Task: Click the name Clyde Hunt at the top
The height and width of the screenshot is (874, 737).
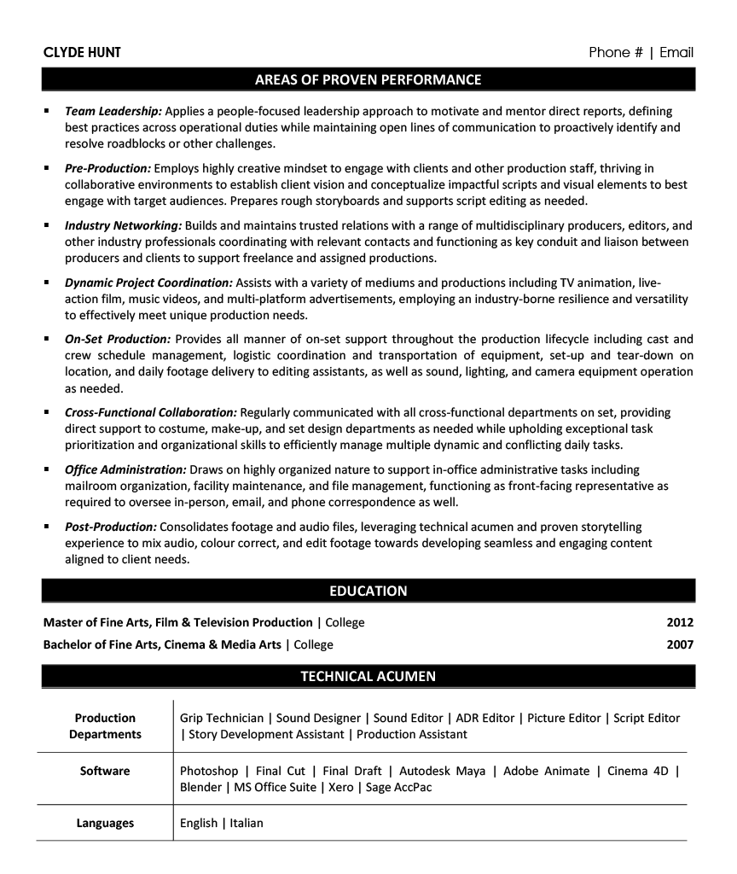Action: click(82, 53)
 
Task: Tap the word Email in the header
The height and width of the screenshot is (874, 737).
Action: click(676, 53)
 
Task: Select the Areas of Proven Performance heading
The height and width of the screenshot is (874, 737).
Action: click(368, 80)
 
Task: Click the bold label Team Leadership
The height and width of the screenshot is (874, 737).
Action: click(113, 111)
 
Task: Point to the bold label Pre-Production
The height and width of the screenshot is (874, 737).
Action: click(107, 169)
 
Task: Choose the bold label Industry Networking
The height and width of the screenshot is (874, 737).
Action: click(123, 226)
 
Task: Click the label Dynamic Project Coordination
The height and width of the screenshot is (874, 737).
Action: click(148, 283)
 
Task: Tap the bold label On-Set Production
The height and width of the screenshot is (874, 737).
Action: click(118, 339)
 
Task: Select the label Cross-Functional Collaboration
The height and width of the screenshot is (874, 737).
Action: click(151, 412)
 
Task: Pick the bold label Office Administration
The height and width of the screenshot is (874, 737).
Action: click(125, 469)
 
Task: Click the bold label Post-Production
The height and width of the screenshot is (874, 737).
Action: click(111, 527)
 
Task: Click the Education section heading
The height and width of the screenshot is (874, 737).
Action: click(368, 591)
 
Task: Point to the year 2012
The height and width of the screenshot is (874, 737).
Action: click(680, 622)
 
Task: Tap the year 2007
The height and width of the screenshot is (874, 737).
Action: click(680, 644)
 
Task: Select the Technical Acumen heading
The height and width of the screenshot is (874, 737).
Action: click(368, 677)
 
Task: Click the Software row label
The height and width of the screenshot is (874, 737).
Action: click(105, 771)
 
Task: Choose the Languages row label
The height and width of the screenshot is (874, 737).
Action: click(105, 823)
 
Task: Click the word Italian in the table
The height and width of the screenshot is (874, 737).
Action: click(247, 823)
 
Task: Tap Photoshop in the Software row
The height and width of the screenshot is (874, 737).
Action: click(209, 771)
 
